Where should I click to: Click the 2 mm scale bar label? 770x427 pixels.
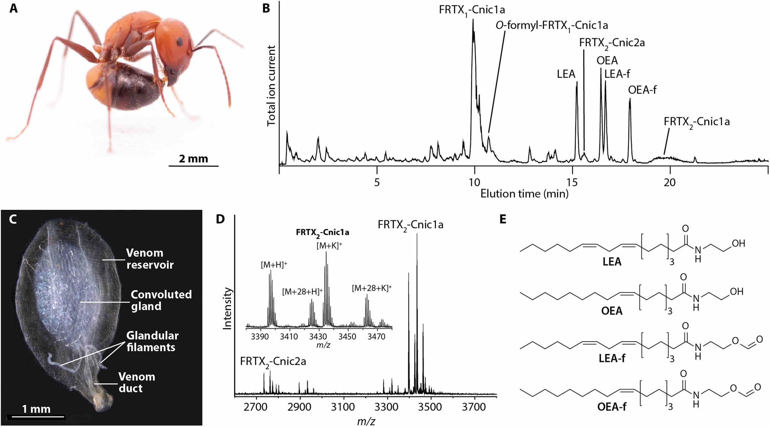click(x=193, y=159)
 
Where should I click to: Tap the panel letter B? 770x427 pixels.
click(x=266, y=8)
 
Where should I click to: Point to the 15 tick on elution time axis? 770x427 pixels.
click(x=572, y=182)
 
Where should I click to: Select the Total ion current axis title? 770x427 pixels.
click(x=271, y=86)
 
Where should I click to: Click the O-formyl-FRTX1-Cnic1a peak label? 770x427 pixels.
click(x=552, y=26)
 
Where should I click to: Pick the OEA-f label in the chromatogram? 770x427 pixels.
click(x=642, y=90)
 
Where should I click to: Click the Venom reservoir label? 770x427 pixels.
click(x=150, y=259)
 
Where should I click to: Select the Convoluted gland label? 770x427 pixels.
click(x=161, y=300)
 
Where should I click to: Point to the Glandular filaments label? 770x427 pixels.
click(x=152, y=341)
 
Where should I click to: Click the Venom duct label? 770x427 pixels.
click(x=137, y=382)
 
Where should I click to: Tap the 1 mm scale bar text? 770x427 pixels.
click(x=36, y=409)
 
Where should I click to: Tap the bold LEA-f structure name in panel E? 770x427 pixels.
click(x=612, y=358)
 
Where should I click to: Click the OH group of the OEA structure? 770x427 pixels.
click(x=736, y=291)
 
